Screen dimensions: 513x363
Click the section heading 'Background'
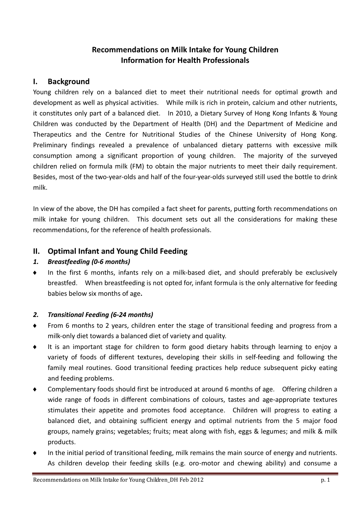(69, 81)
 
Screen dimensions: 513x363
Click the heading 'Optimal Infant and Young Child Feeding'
(117, 251)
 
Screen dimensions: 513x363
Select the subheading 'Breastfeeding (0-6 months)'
(89, 262)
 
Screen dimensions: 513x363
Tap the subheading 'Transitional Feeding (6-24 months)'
(100, 315)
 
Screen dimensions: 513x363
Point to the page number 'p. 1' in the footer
(325, 480)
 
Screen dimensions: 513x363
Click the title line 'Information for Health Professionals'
(185, 60)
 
